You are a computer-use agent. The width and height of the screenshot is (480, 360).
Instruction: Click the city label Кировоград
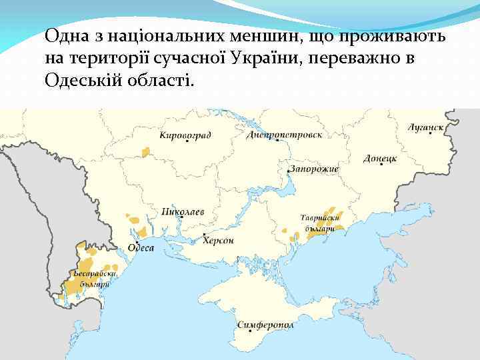point(185,135)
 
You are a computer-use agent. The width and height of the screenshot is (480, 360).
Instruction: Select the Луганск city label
point(426,126)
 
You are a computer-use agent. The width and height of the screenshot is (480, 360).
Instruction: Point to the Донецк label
point(380,159)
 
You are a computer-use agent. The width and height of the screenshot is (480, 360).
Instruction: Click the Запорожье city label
point(315,169)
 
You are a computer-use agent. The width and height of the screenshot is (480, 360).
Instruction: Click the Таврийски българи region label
point(321,223)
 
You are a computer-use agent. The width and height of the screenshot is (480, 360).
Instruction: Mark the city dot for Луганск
point(431,133)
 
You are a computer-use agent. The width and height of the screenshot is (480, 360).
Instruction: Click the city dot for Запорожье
point(288,171)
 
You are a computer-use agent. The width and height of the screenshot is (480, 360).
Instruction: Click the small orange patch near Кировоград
point(145,151)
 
